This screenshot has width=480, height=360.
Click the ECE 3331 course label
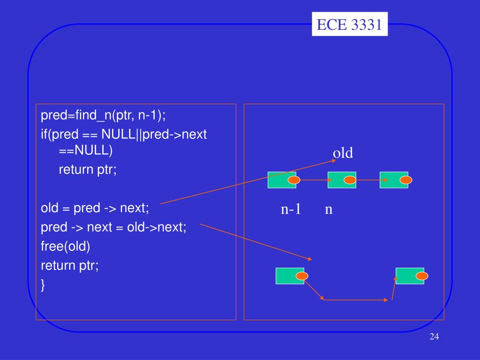click(x=349, y=24)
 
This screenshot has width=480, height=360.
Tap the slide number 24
click(x=434, y=337)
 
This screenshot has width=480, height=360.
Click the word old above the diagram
click(x=343, y=153)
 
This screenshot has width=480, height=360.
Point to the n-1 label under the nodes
click(x=291, y=210)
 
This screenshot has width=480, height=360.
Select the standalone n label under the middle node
click(x=329, y=210)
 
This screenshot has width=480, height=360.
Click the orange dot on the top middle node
click(x=350, y=180)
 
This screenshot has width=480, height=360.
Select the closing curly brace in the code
click(x=43, y=285)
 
